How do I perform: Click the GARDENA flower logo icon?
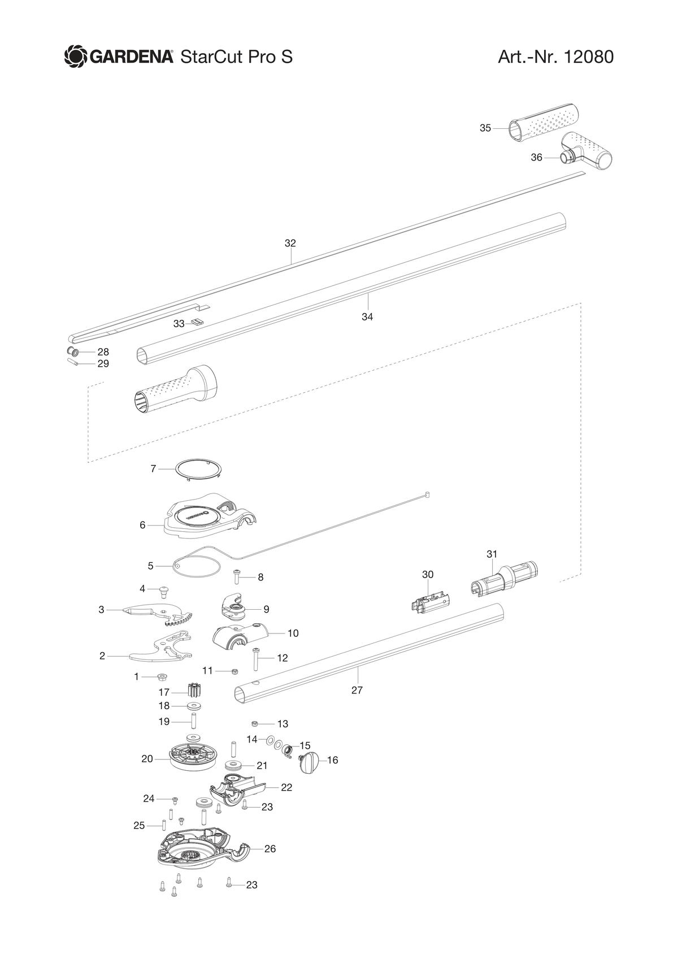pyautogui.click(x=75, y=57)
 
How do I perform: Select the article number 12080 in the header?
pyautogui.click(x=589, y=57)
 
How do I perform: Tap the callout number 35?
pyautogui.click(x=485, y=128)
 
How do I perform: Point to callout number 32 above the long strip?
pyautogui.click(x=290, y=243)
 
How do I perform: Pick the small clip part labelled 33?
pyautogui.click(x=197, y=322)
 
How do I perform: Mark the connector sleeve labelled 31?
pyautogui.click(x=504, y=581)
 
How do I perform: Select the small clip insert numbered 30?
pyautogui.click(x=430, y=601)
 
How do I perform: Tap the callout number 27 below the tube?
pyautogui.click(x=357, y=690)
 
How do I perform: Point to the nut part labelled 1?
pyautogui.click(x=162, y=677)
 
